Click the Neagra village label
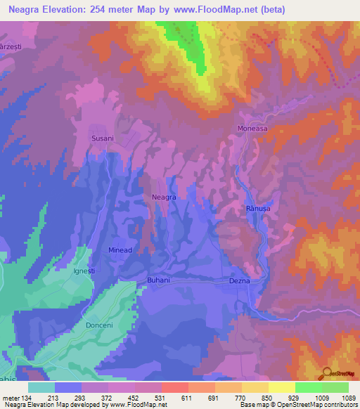pos(164,198)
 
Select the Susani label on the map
pos(103,138)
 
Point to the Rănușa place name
pos(258,209)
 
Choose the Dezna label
pos(240,280)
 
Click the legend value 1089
pos(340,397)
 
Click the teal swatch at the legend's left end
pos(41,387)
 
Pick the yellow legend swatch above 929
pos(282,387)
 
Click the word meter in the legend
pos(13,397)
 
